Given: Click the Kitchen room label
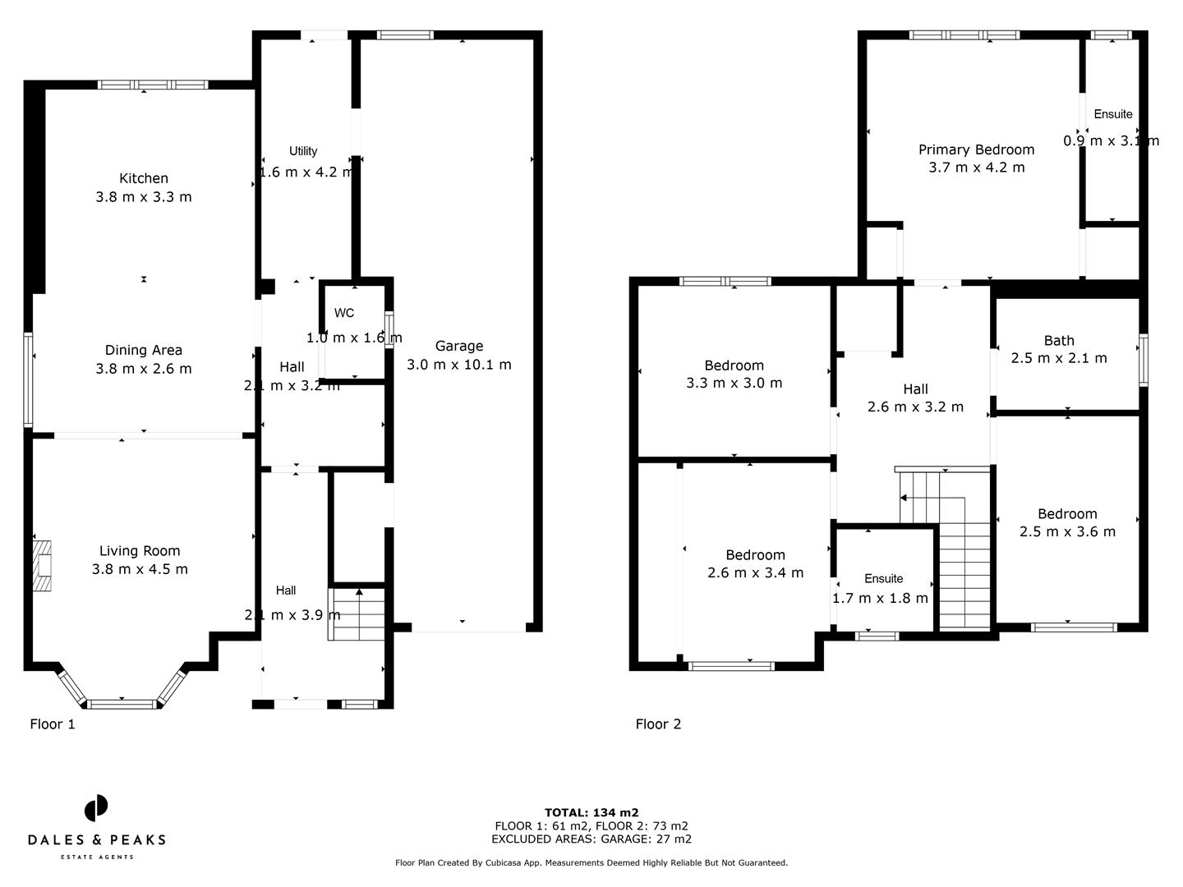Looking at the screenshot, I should coord(144,178).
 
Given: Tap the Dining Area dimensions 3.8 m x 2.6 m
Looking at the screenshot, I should coord(144,369).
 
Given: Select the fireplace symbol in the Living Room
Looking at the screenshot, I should coord(41,566).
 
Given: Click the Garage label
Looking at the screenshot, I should coord(458,346).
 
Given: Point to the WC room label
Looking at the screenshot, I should coord(344,313).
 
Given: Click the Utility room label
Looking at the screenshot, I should coord(303,151).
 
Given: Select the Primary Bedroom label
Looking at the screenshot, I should coord(976,149).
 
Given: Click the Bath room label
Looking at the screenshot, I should coord(1059,340).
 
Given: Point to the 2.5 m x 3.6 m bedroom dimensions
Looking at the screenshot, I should coord(1067,531).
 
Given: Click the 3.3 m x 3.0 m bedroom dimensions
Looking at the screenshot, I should coord(734,383).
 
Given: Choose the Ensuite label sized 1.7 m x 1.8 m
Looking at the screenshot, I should coord(883,579).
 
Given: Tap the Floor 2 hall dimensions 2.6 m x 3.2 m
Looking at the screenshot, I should coord(915,407).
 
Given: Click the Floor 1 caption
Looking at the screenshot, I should coord(53,724).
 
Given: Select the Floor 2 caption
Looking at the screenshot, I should coord(658,724).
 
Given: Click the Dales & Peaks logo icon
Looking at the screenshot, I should coord(96,808).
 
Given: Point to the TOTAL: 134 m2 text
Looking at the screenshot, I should coord(591,812).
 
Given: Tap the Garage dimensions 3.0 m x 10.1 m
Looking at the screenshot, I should coord(458,365).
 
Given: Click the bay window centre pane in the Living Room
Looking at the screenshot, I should coord(122,704).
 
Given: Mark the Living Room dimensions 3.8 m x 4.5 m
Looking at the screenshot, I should coord(140,569).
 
